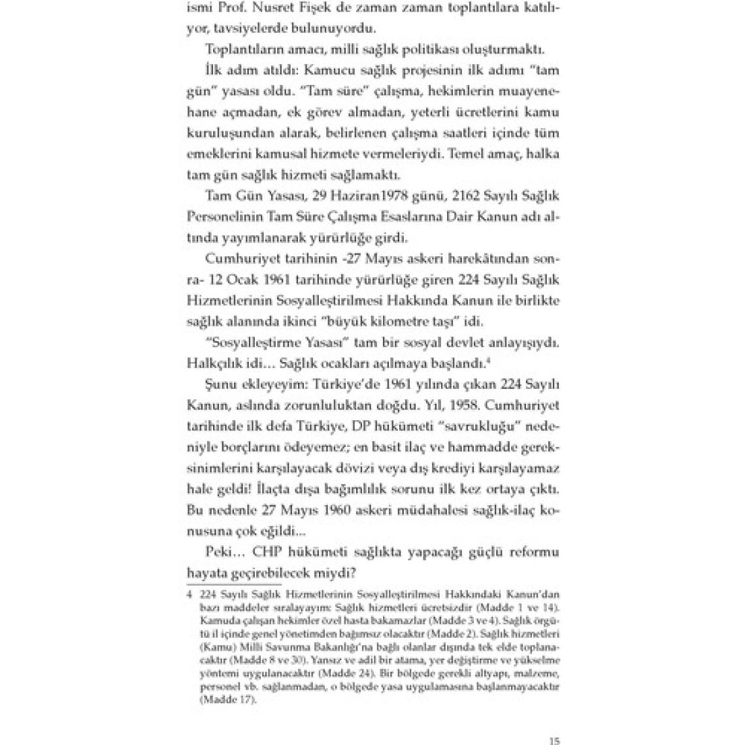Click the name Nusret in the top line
[295, 8]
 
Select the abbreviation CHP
[269, 553]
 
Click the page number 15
[554, 741]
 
